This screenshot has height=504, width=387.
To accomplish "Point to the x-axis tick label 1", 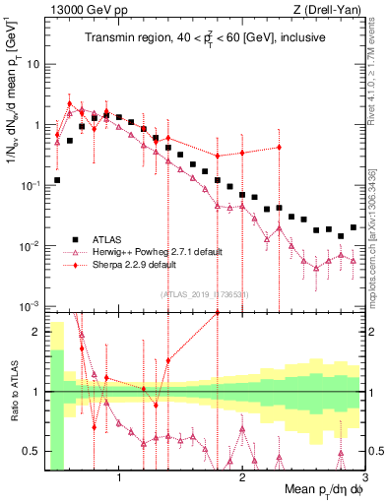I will tap(119, 479).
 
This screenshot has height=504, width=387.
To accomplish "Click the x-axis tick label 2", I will tap(242, 479).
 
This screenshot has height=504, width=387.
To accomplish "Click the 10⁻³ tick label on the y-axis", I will tap(28, 306).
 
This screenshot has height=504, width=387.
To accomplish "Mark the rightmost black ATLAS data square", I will tap(353, 227).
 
